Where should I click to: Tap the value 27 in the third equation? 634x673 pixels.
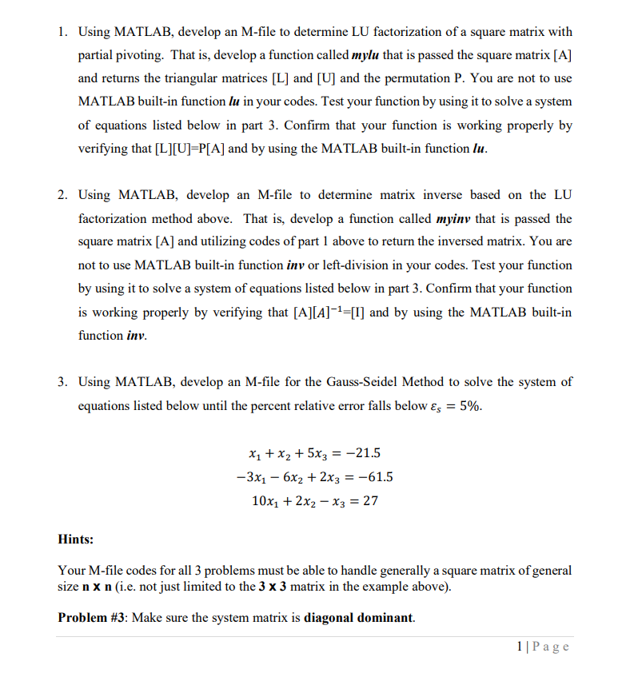click(370, 501)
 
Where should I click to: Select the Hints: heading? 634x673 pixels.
click(76, 540)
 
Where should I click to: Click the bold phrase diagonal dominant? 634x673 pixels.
click(359, 617)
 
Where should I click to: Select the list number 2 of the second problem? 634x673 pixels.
click(62, 195)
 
